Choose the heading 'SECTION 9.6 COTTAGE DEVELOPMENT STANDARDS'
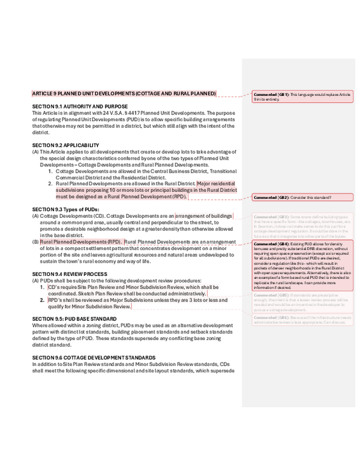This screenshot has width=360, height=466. click(x=89, y=357)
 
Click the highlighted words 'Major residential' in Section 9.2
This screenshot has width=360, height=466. click(x=216, y=184)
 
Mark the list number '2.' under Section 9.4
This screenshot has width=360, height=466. click(x=51, y=300)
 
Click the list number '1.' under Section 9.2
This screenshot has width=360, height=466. click(x=51, y=171)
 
